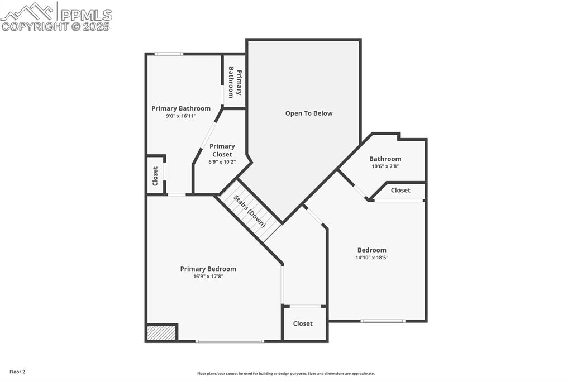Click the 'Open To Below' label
pyautogui.click(x=308, y=113)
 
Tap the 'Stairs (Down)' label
pyautogui.click(x=250, y=211)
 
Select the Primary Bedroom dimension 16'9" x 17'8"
pyautogui.click(x=208, y=276)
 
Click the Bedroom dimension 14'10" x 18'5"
pyautogui.click(x=371, y=258)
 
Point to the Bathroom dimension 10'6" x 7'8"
pyautogui.click(x=385, y=166)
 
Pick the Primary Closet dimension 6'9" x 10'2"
pyautogui.click(x=222, y=162)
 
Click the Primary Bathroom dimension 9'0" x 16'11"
pyautogui.click(x=181, y=116)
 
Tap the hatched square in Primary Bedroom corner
pyautogui.click(x=161, y=333)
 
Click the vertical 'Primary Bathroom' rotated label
pyautogui.click(x=235, y=83)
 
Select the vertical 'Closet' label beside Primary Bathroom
pyautogui.click(x=155, y=176)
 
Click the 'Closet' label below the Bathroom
pyautogui.click(x=401, y=190)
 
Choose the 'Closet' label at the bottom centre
pyautogui.click(x=303, y=323)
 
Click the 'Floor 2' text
pyautogui.click(x=17, y=372)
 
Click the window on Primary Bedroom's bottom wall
pyautogui.click(x=230, y=341)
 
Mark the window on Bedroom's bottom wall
pyautogui.click(x=383, y=321)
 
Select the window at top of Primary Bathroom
pyautogui.click(x=169, y=54)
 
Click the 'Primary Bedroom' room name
pyautogui.click(x=208, y=269)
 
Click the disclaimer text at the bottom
pyautogui.click(x=285, y=374)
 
